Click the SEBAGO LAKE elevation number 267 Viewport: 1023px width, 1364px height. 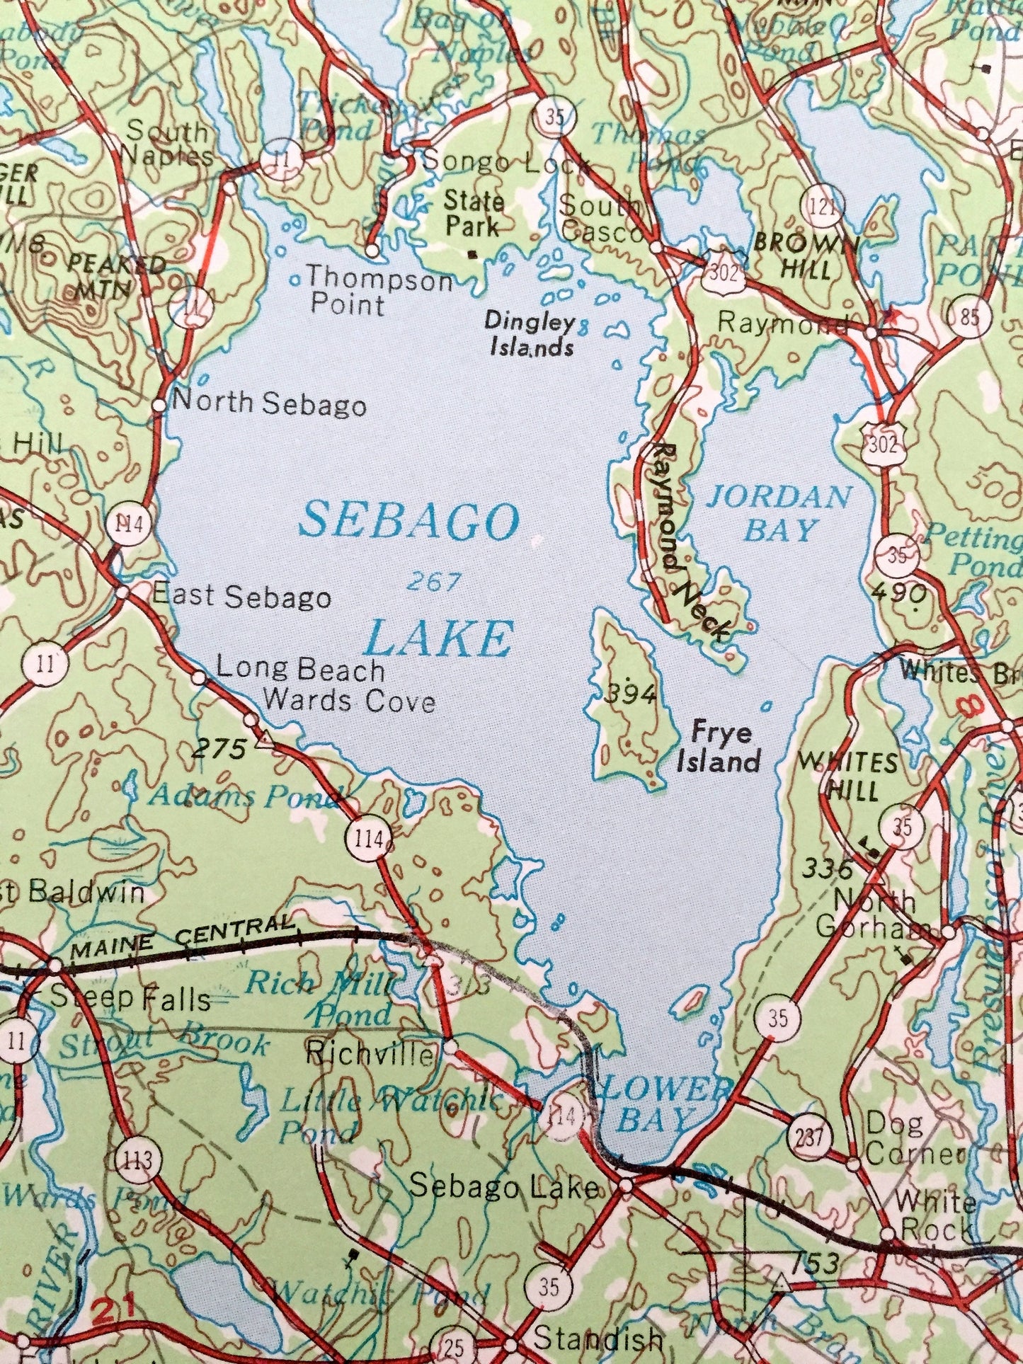coord(433,583)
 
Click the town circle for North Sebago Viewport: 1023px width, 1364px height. coord(159,406)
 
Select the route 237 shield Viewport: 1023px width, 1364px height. coord(808,1137)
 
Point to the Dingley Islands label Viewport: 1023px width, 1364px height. coord(529,334)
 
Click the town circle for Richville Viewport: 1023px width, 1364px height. coord(450,1044)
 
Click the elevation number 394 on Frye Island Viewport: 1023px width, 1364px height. coord(630,694)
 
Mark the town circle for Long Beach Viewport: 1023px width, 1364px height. coord(200,678)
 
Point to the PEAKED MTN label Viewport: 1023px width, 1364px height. coord(115,277)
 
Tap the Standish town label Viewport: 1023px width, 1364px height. coord(598,1339)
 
